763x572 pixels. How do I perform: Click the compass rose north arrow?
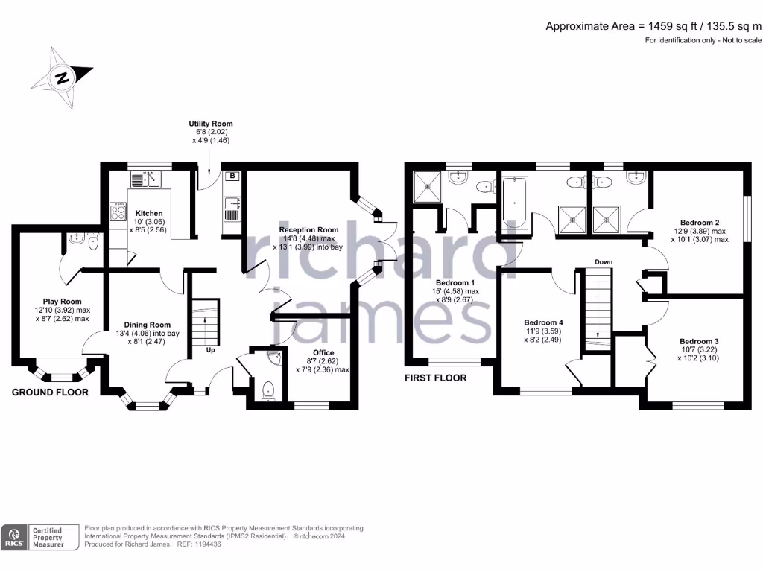[62, 77]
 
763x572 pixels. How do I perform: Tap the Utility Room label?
[210, 124]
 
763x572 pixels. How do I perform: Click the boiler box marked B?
[232, 176]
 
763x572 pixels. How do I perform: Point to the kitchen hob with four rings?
[118, 212]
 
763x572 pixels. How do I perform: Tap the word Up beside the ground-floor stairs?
[210, 349]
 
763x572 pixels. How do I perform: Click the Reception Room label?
[308, 230]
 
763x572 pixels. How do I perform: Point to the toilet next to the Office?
[268, 388]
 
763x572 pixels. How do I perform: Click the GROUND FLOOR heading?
[49, 393]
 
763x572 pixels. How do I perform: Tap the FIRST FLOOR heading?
[435, 378]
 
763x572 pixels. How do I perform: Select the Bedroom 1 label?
[455, 283]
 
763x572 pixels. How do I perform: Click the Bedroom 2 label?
[699, 222]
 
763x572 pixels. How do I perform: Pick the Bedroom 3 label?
[699, 341]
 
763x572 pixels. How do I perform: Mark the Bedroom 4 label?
[543, 322]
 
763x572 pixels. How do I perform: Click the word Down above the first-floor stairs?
[604, 262]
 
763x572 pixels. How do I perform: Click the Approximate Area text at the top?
[653, 26]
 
